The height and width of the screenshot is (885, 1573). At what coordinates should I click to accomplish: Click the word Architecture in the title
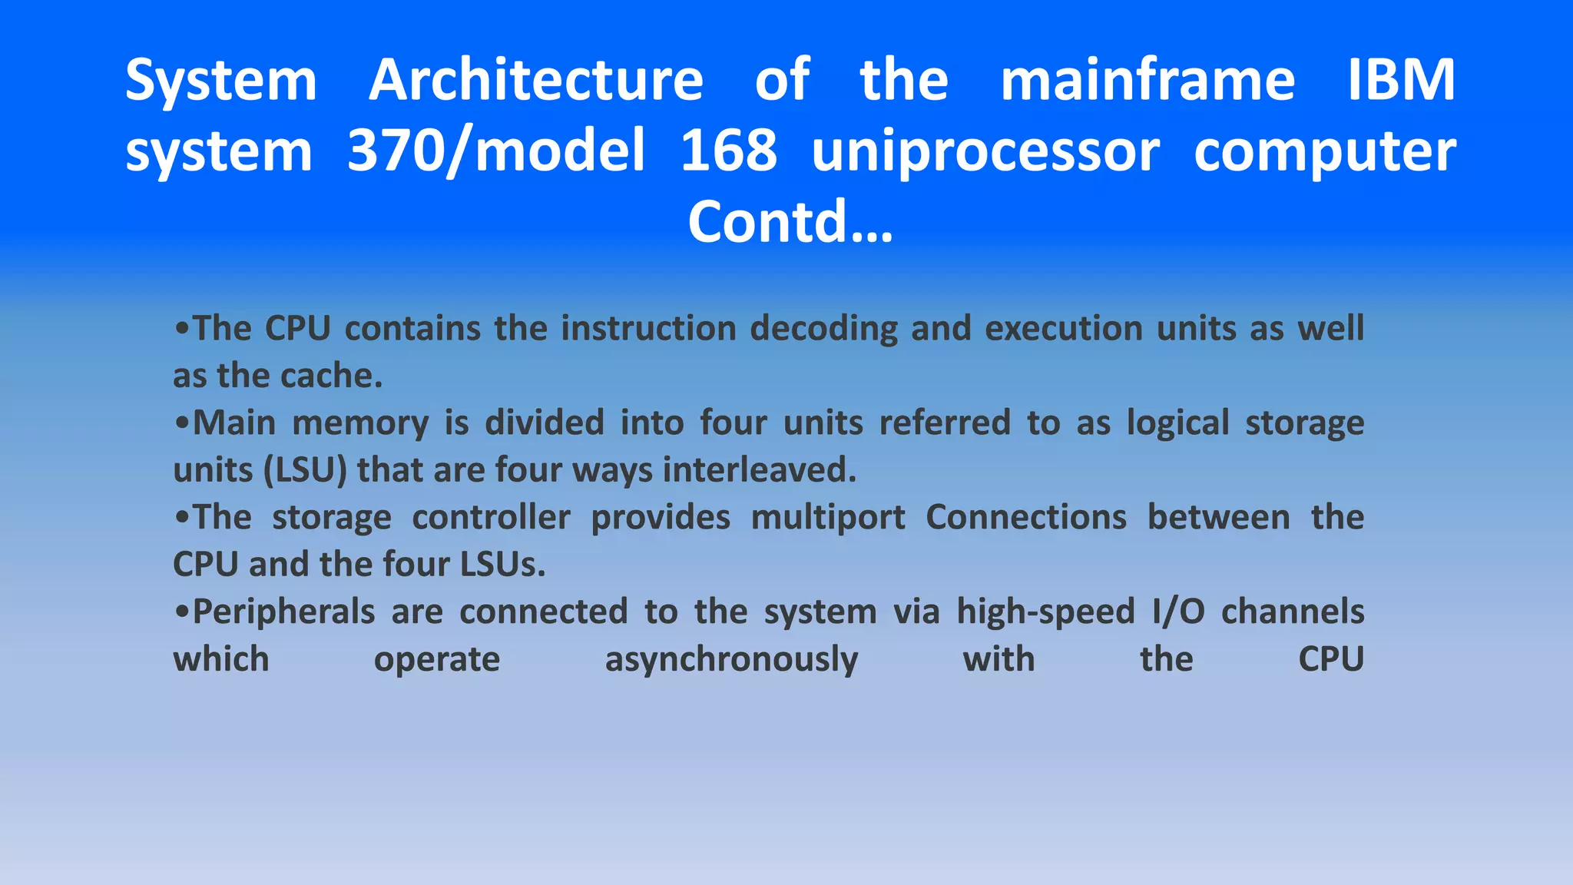click(x=535, y=80)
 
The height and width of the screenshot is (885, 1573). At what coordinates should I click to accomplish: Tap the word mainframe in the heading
click(x=1147, y=80)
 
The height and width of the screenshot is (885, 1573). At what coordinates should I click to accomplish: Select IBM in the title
click(x=1401, y=80)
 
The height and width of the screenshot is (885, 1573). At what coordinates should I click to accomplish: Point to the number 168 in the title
click(x=728, y=151)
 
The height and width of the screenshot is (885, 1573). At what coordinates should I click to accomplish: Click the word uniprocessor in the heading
click(x=985, y=152)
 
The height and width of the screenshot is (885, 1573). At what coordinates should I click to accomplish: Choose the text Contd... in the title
click(x=790, y=222)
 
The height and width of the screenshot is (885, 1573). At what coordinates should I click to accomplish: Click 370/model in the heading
click(x=496, y=151)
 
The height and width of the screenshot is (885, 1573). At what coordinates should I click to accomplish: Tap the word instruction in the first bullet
click(x=649, y=329)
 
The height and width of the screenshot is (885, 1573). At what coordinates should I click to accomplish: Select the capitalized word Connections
click(x=1026, y=518)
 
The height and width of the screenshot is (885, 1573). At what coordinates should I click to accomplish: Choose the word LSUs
click(x=502, y=565)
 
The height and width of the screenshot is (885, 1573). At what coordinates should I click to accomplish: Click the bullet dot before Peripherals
click(x=182, y=612)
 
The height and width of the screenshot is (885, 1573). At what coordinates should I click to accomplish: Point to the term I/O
click(x=1178, y=612)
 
